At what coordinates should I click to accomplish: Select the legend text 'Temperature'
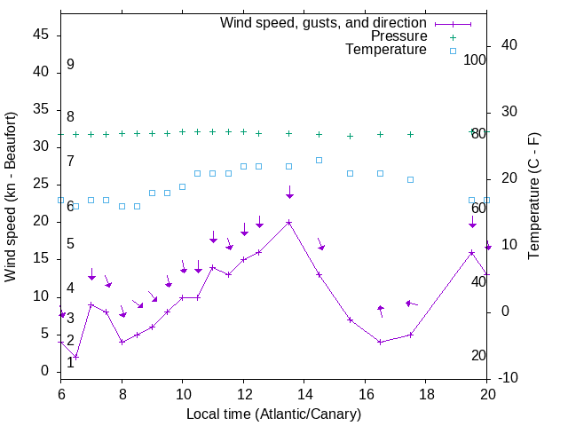coord(386,50)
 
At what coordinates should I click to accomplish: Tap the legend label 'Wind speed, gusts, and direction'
coord(324,22)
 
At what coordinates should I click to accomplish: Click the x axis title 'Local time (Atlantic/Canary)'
coord(273,414)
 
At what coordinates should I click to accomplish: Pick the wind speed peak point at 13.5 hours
coord(288,222)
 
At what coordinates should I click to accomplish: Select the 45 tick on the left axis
coord(41,35)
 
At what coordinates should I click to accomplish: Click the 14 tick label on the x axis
coord(304,394)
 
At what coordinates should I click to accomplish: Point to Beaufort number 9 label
coord(70,65)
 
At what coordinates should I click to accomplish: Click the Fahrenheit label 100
coord(475,59)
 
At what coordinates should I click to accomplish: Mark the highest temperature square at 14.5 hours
coord(319,160)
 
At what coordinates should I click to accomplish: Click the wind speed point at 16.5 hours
coord(380,342)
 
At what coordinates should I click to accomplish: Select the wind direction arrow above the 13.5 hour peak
coord(289,193)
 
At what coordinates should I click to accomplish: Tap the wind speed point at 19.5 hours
coord(471,252)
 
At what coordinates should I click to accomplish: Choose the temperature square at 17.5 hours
coord(410,179)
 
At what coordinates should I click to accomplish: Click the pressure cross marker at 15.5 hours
coord(350,136)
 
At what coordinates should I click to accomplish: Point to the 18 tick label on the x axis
coord(425,394)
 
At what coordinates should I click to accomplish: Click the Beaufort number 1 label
coord(70,362)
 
